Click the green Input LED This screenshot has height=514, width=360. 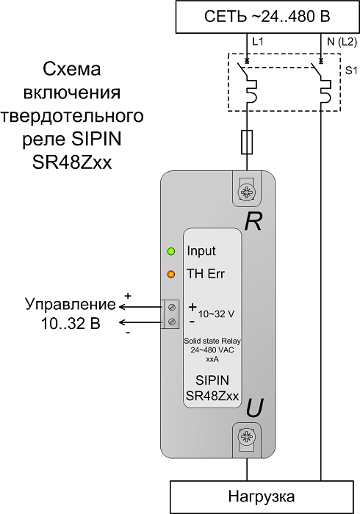pos(171,251)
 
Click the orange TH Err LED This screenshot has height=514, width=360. pos(171,274)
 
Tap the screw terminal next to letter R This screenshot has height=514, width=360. pos(247,192)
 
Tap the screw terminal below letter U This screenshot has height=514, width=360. pos(247,436)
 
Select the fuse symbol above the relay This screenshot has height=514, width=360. pos(247,142)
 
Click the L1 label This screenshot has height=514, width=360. pos(258,42)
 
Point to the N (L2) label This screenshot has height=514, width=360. pos(342,42)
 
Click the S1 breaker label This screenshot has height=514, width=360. pos(351,70)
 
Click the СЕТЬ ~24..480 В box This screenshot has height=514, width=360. pos(267,17)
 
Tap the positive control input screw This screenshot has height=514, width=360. pos(171,308)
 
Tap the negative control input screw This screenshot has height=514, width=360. pos(171,322)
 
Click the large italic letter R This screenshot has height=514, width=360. pos(253,222)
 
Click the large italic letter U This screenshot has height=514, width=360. pos(254,409)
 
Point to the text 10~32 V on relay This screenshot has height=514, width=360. pos(217,314)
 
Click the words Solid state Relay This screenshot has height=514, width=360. pos(212,341)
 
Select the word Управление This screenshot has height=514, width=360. pos(71,304)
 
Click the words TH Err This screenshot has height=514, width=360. pos(206,273)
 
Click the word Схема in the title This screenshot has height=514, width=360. pos(72,70)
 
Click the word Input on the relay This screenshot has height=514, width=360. pos(201,251)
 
